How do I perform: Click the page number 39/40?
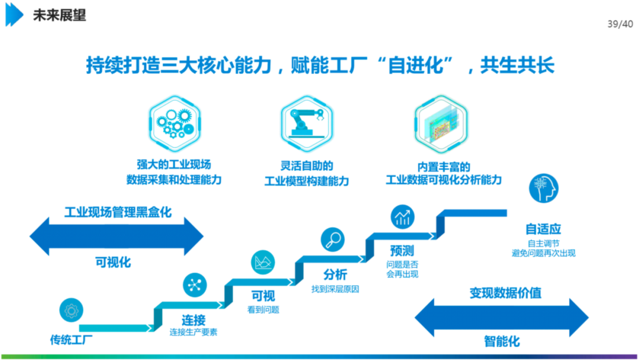coord(620,24)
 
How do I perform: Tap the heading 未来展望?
coord(59,15)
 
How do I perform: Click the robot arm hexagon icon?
coord(307,122)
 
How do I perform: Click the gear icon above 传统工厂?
coord(71,310)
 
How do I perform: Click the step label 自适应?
coord(543,229)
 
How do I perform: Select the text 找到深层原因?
coord(335,289)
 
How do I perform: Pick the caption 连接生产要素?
coord(193,332)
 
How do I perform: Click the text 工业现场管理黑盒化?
coord(118,211)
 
